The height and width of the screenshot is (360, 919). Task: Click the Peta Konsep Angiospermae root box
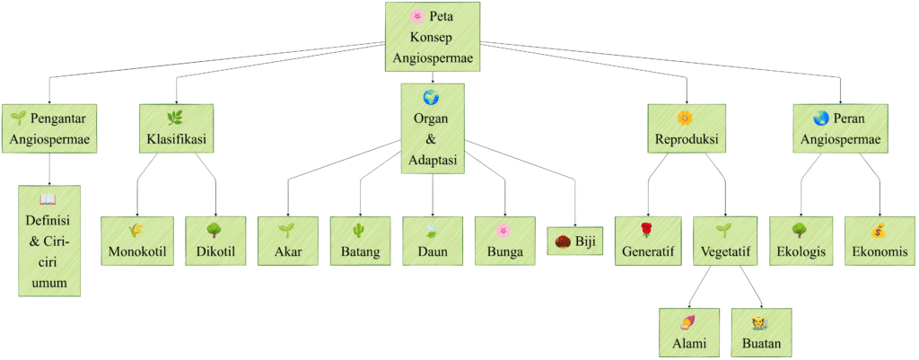(x=432, y=38)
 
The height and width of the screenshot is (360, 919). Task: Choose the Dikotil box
(x=215, y=241)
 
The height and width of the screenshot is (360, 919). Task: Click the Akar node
(x=288, y=241)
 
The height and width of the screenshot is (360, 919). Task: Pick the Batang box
(x=360, y=241)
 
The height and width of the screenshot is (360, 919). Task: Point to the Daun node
(x=433, y=241)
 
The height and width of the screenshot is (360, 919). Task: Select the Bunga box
(x=504, y=241)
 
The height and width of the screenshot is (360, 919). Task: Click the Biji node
(x=575, y=241)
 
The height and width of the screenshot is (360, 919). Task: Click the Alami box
(x=689, y=332)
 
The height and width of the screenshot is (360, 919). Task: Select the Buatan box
(x=761, y=332)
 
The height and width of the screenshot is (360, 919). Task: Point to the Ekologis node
(x=801, y=241)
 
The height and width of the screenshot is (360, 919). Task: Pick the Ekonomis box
(x=879, y=241)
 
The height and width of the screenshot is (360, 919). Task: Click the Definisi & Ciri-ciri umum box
(x=49, y=241)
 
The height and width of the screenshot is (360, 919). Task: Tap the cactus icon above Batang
(x=360, y=230)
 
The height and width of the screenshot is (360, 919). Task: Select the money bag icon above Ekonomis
(x=879, y=230)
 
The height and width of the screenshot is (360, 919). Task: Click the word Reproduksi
(x=687, y=140)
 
